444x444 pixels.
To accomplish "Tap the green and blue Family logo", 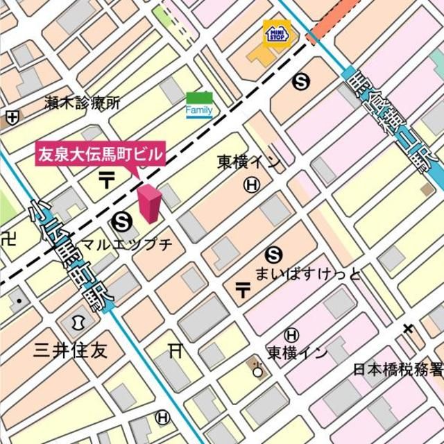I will tap(199, 104).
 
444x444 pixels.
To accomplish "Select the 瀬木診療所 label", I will tap(82, 103).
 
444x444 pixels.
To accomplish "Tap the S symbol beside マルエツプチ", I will tap(121, 221).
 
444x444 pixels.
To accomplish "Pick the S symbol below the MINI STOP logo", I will tap(300, 82).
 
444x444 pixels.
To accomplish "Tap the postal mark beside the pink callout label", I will tap(108, 180).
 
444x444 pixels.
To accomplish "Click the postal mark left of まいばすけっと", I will tap(243, 289).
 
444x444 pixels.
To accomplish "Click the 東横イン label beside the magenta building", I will tap(249, 162).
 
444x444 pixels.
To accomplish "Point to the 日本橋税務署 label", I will tap(398, 369).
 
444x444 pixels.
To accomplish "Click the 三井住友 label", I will tap(71, 350).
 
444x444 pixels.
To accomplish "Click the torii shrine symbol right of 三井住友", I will tap(175, 351).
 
